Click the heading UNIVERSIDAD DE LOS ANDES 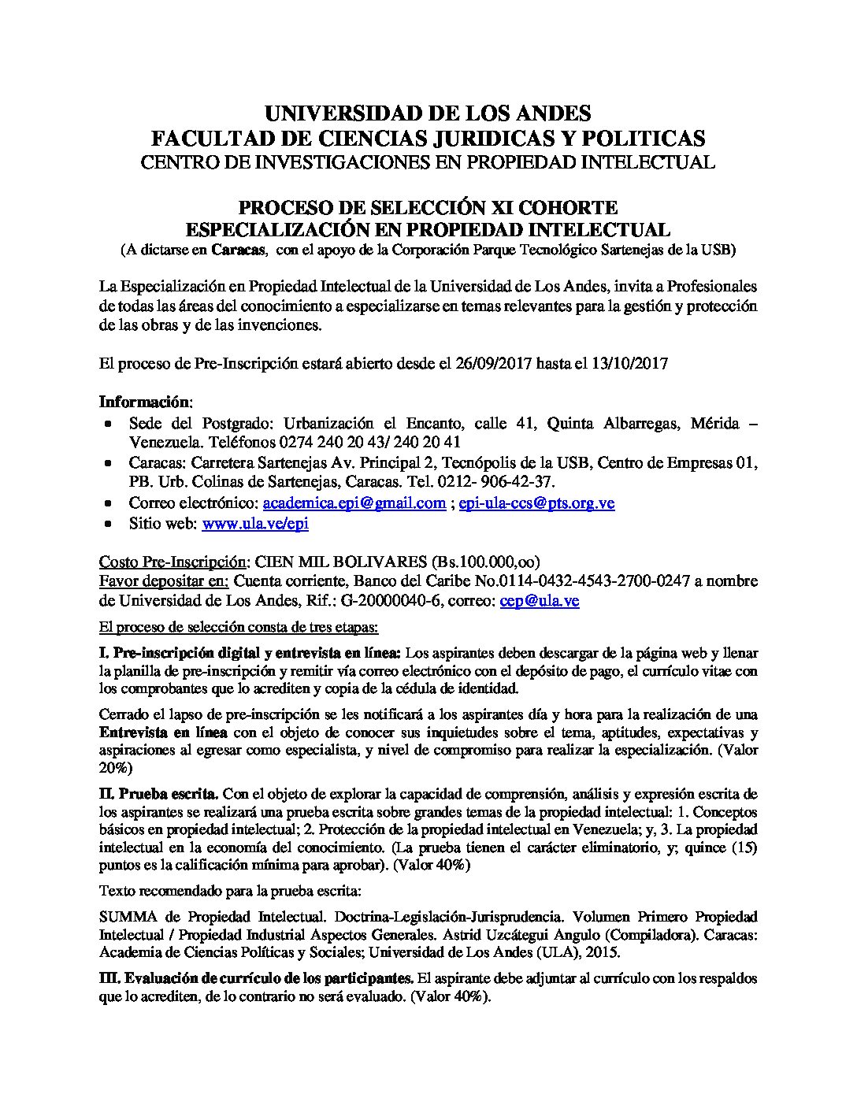point(428,113)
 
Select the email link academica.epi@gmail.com point(354,503)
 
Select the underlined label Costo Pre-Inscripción point(173,562)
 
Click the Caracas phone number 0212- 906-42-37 point(512,481)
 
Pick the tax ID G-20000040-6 point(375,601)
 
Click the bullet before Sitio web point(109,524)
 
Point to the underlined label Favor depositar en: point(164,581)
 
